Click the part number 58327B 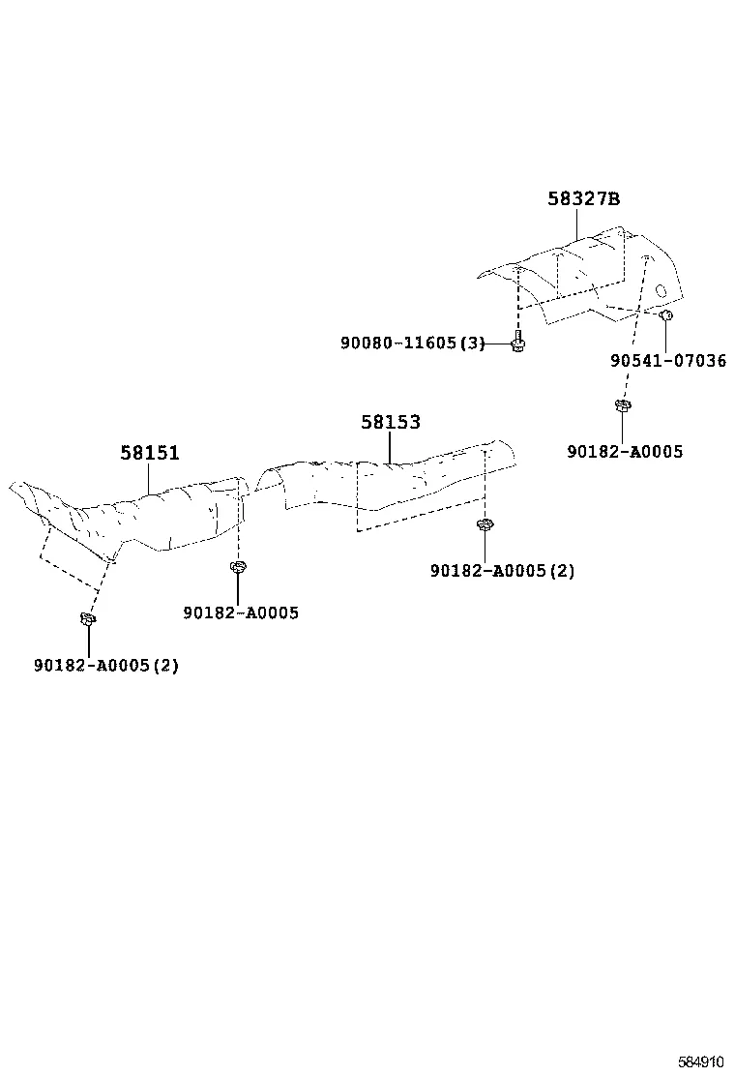[583, 199]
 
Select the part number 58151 [150, 453]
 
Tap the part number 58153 [391, 422]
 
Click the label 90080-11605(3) [413, 343]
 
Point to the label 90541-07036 [668, 360]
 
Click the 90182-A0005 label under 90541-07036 [626, 452]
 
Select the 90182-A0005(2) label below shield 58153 [503, 571]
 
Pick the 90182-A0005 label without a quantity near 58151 [241, 613]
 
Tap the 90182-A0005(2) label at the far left [106, 666]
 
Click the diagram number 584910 [701, 1062]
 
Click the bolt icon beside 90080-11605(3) [518, 343]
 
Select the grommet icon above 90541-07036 [665, 315]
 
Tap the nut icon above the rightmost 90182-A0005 [623, 404]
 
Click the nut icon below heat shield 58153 [485, 525]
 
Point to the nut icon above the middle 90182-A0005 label [238, 567]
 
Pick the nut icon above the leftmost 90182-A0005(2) [88, 619]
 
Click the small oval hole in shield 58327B [661, 290]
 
